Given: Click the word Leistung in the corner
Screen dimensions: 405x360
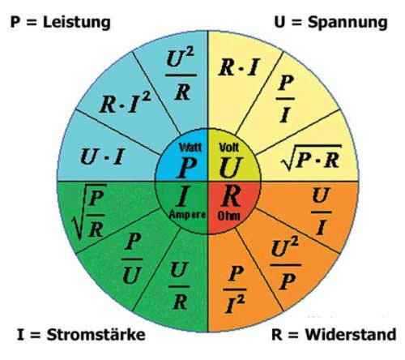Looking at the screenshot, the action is pos(77,23).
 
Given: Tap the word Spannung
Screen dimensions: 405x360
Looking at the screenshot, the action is pos(347,23).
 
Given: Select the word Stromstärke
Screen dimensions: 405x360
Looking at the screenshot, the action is pos(96,335).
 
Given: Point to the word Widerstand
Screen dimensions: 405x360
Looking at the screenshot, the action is pos(351,335).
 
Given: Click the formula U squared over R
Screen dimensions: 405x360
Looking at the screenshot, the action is pos(181,75).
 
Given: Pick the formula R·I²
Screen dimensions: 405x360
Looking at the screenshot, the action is pos(125,103).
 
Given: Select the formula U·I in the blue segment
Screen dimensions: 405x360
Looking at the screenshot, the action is pos(102,156).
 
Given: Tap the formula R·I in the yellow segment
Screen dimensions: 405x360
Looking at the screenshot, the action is pos(239,67).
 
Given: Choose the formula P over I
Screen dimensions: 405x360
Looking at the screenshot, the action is pos(285,99).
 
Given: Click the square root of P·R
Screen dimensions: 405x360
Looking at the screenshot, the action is pos(311,158).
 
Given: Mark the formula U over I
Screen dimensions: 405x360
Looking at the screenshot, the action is pos(321,212).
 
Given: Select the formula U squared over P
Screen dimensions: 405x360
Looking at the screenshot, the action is pos(285,264).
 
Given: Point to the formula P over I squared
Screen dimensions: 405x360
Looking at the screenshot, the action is pos(235,289).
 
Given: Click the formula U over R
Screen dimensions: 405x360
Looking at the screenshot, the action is pos(178,285).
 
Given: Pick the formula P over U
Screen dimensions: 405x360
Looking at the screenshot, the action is pos(132,259).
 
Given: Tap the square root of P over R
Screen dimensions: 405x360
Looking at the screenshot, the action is pos(89,212).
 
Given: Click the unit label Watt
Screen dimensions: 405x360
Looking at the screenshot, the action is pos(190,148).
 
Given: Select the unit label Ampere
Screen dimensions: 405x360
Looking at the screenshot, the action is pos(187,215).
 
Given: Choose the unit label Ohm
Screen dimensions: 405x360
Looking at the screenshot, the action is pos(228,216).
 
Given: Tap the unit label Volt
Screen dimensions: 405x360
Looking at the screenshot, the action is pos(229,148).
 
